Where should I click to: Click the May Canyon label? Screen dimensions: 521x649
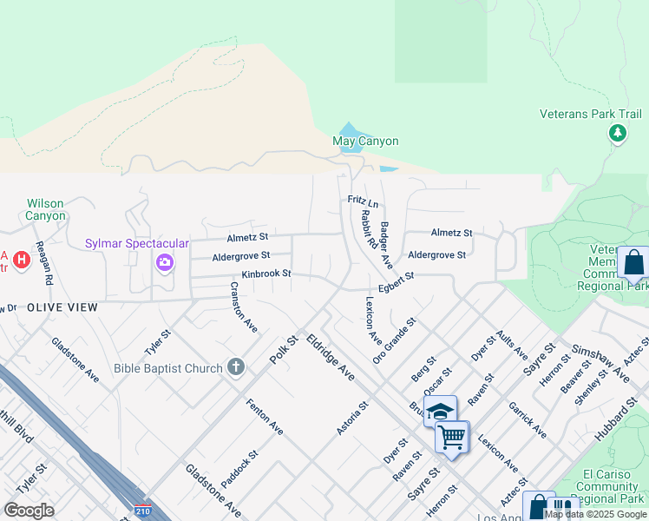pos(365,142)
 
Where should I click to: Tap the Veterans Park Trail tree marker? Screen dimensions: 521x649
pos(617,133)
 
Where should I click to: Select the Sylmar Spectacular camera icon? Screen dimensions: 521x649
pos(164,262)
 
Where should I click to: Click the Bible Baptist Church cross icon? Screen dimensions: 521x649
pos(235,367)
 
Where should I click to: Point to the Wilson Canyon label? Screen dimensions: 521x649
pos(45,209)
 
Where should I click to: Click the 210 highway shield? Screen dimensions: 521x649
pos(141,511)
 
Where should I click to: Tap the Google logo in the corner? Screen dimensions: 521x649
pos(29,511)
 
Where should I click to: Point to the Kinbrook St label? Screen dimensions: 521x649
pos(265,274)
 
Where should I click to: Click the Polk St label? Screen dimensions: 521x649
pos(284,351)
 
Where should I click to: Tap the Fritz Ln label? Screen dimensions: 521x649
pos(364,201)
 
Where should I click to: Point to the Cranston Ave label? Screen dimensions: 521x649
pos(244,308)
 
